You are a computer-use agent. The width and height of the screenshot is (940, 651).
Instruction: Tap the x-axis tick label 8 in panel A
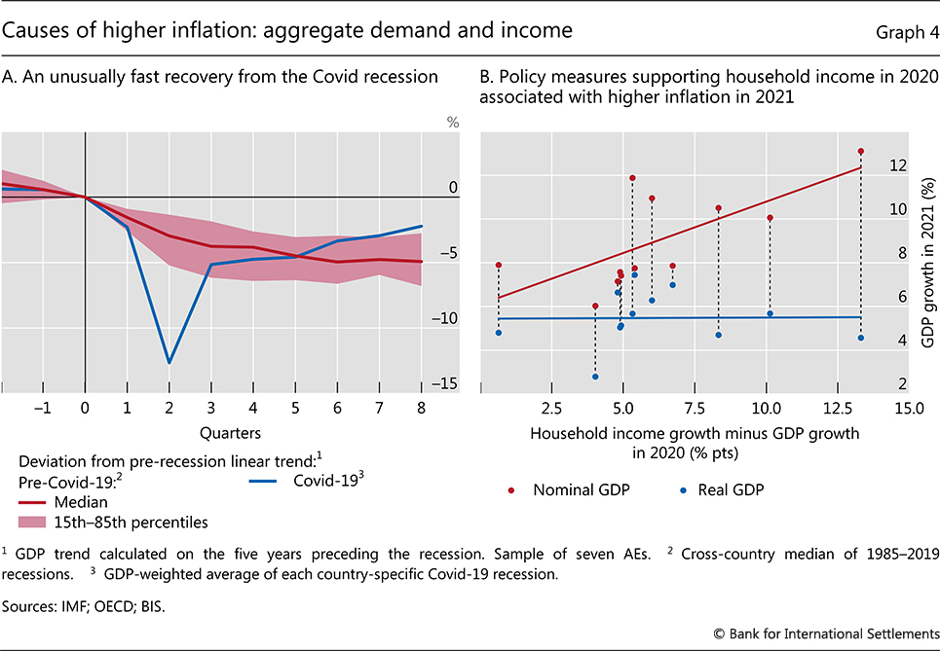[421, 410]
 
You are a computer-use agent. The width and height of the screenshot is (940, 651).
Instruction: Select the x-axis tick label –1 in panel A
[42, 410]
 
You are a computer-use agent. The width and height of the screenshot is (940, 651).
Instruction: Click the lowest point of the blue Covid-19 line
[169, 363]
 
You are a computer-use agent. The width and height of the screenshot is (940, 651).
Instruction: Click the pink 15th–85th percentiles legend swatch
[40, 521]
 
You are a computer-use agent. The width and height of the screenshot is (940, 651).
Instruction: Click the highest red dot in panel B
[861, 151]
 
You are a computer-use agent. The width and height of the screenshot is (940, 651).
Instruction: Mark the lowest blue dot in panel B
[595, 377]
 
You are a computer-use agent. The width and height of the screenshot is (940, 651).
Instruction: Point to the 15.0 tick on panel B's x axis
[908, 407]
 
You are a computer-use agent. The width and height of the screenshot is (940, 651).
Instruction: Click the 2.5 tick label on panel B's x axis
[551, 407]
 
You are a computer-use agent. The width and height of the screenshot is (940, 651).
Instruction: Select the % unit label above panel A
[452, 124]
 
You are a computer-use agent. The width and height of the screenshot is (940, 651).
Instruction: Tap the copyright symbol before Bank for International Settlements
[718, 633]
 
